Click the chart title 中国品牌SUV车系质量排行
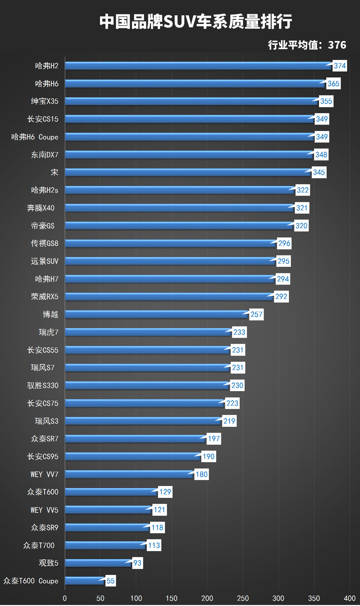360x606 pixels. [196, 22]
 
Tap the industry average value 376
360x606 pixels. [337, 45]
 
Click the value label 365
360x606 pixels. [333, 84]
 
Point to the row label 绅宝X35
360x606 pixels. [45, 101]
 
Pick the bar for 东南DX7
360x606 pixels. [189, 155]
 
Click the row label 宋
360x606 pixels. [54, 172]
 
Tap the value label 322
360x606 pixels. [303, 190]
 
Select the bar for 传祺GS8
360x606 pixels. [171, 243]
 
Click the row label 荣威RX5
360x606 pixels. [45, 297]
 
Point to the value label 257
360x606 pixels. [256, 314]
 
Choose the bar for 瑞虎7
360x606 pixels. [148, 332]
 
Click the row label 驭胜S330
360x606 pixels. [43, 386]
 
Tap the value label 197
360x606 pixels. [214, 439]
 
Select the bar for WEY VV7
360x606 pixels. [129, 474]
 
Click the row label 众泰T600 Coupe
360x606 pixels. [31, 581]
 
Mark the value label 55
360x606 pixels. [111, 581]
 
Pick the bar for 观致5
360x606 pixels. [98, 563]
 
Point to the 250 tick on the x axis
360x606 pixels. [243, 598]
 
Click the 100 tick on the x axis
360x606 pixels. [136, 598]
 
